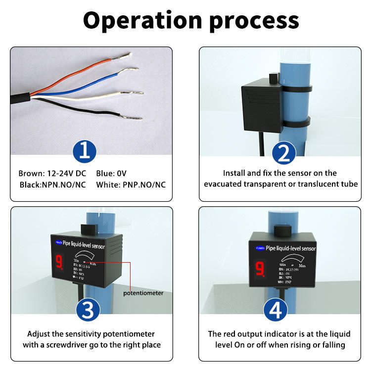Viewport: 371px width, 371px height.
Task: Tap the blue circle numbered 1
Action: [x=85, y=151]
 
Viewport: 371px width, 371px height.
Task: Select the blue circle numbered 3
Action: [x=88, y=310]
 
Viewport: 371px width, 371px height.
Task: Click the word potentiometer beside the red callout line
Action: [x=143, y=293]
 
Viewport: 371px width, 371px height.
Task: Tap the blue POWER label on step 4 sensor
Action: [x=259, y=248]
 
